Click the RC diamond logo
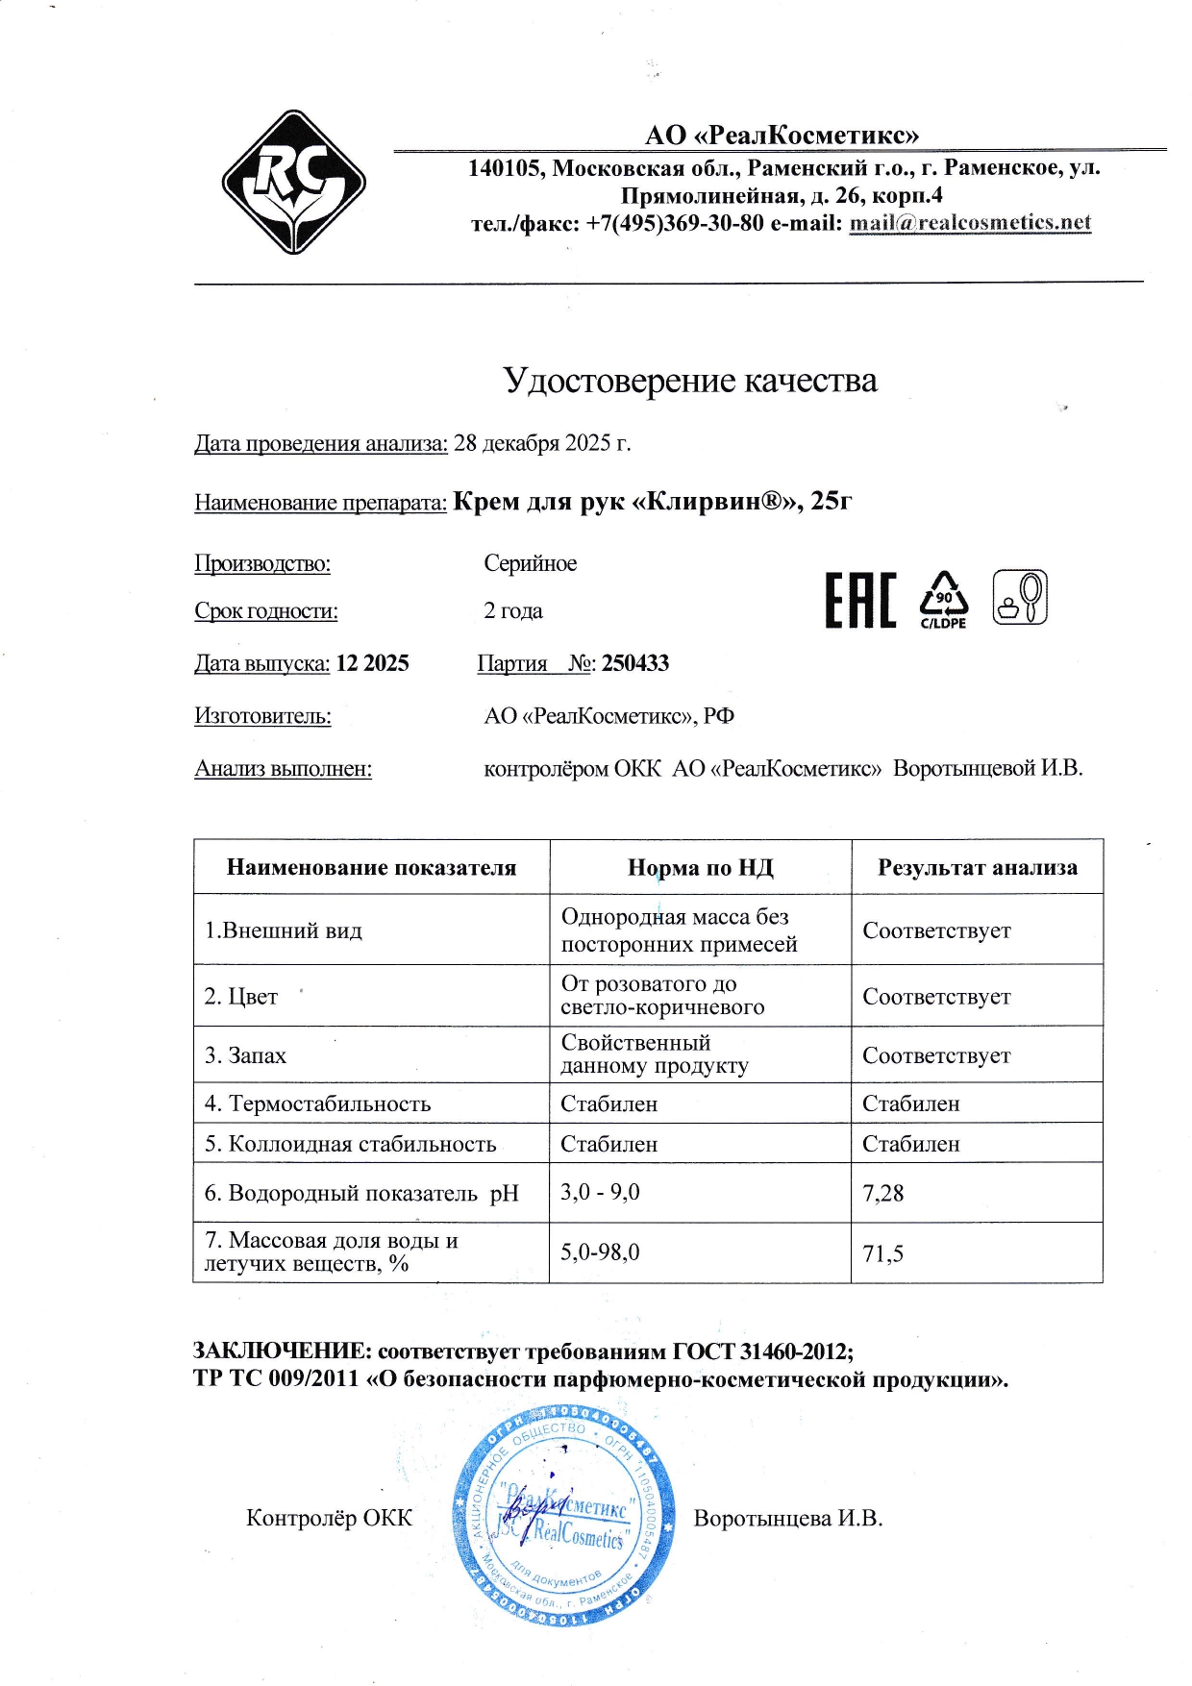(x=293, y=182)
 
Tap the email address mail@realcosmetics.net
(x=969, y=223)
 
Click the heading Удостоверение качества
(x=689, y=381)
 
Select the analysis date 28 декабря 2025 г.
(x=541, y=443)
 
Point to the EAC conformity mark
(x=860, y=600)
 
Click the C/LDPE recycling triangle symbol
(x=943, y=599)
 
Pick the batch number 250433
(x=635, y=663)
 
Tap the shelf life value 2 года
(x=512, y=611)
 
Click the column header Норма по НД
(x=700, y=868)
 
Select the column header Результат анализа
(x=977, y=868)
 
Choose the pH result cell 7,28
(x=883, y=1194)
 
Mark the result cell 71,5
(x=882, y=1253)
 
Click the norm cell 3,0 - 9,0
(x=600, y=1193)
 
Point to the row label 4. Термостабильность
(x=317, y=1103)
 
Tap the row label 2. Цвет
(x=240, y=997)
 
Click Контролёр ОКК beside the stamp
(x=329, y=1518)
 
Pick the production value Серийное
(x=530, y=563)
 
